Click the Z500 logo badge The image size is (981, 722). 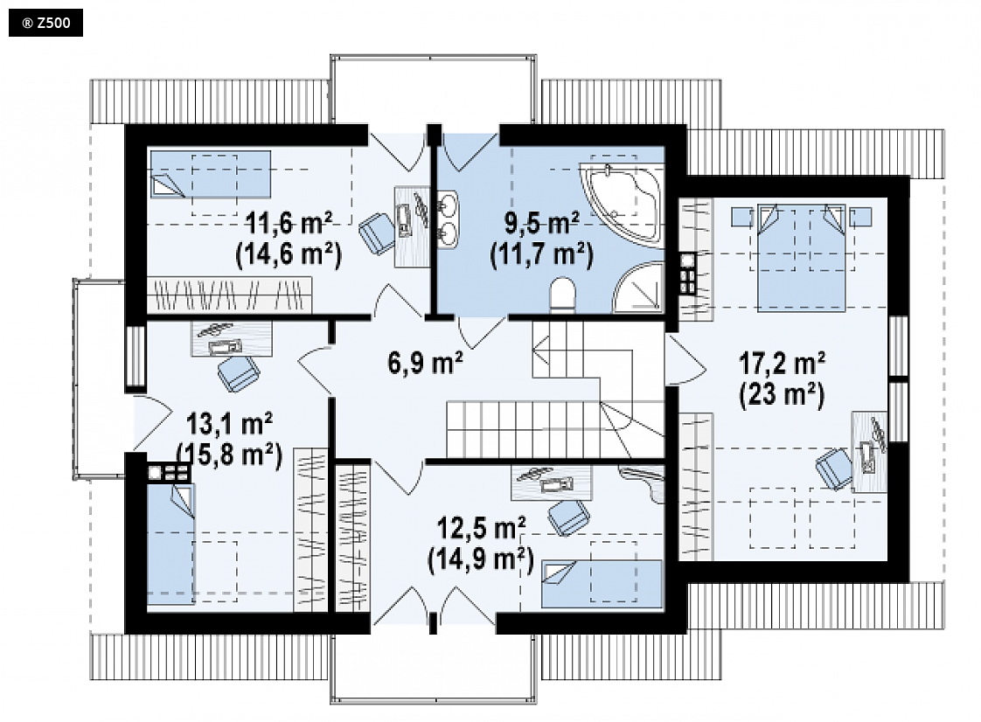[x=45, y=23]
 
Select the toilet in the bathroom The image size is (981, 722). [x=562, y=295]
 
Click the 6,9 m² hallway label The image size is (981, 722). [x=426, y=363]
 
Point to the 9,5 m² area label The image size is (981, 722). [x=542, y=224]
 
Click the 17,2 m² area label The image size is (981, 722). [x=782, y=362]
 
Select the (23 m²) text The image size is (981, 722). [x=782, y=394]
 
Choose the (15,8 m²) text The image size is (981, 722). [x=229, y=455]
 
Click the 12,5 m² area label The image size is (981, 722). [x=481, y=529]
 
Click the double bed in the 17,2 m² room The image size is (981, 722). [x=802, y=257]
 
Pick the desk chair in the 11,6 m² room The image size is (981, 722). [x=376, y=233]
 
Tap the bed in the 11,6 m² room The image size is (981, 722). [x=210, y=174]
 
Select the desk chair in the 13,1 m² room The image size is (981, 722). [x=239, y=373]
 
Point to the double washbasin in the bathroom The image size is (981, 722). [x=448, y=219]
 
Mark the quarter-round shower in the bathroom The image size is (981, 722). [x=638, y=288]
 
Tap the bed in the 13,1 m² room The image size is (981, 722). [x=170, y=543]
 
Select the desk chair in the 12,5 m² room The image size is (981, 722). [x=568, y=517]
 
